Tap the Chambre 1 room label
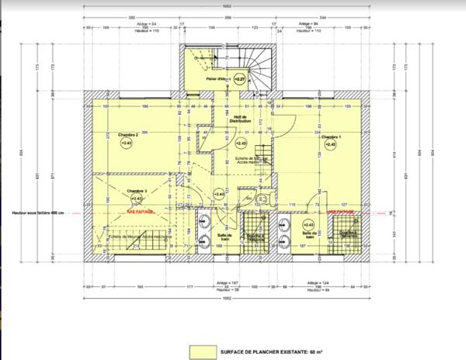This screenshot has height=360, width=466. point(330,135)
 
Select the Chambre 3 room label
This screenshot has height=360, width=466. point(137,190)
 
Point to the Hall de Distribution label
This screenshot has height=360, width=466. point(240,120)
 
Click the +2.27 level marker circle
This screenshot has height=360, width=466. point(241,79)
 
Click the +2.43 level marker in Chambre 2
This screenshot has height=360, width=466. point(126,144)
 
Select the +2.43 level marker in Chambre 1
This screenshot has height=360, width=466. point(330,144)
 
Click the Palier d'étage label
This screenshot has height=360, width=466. point(218,79)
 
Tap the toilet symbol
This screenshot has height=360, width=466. point(261,200)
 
